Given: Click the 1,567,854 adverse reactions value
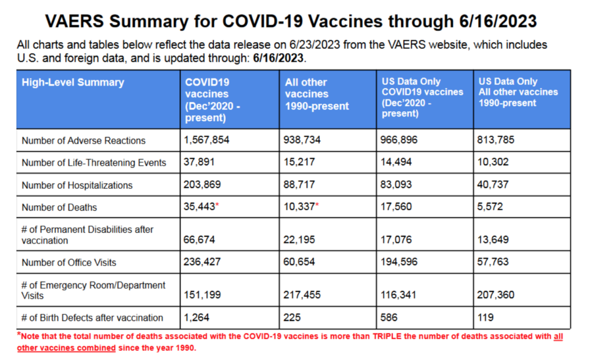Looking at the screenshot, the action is click(206, 140).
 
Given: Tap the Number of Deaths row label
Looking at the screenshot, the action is click(59, 207).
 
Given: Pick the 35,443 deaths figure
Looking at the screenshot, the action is click(199, 207).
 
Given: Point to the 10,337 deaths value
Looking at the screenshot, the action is click(299, 207).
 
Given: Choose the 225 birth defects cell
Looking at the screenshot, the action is click(292, 317).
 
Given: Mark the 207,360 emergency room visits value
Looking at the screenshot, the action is click(496, 294).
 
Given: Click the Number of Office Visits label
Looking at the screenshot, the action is click(69, 263).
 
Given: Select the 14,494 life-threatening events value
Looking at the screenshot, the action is click(396, 162).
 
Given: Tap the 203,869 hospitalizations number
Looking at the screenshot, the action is click(202, 184).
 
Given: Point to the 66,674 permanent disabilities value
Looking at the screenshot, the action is click(199, 240).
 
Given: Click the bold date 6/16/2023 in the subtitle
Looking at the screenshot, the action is click(278, 58).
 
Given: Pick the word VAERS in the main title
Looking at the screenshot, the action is click(74, 21).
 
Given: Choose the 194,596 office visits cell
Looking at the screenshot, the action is click(399, 262).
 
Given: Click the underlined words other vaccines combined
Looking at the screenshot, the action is click(66, 347).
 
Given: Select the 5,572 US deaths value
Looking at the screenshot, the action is click(490, 207).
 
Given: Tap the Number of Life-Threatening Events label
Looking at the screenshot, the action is click(94, 162).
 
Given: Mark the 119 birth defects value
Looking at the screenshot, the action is click(485, 317).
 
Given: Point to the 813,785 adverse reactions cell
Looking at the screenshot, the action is click(496, 140).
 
